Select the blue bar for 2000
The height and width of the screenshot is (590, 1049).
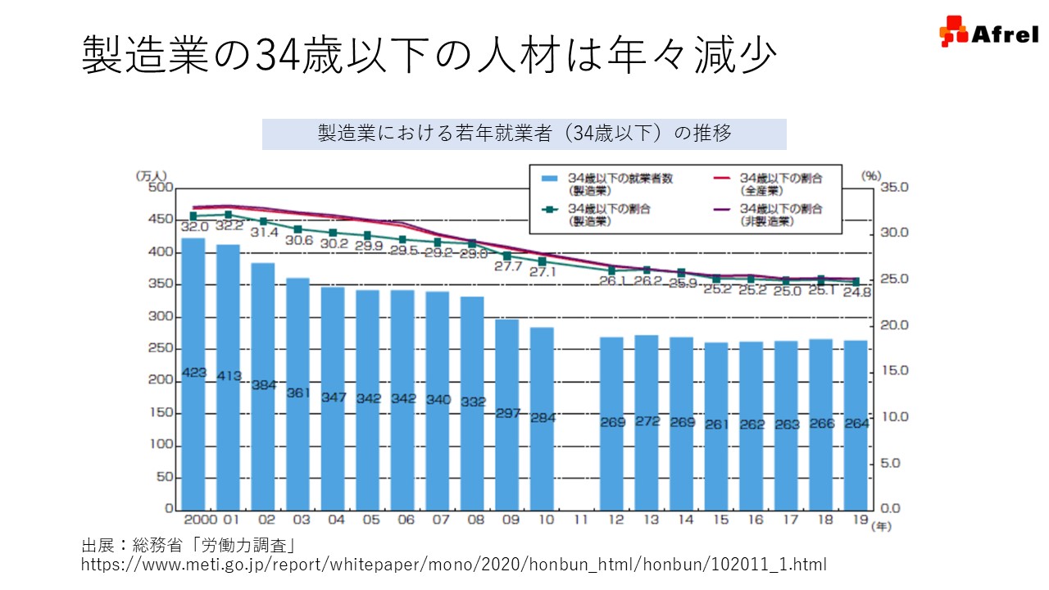[193, 373]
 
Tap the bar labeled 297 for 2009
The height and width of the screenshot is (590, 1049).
[507, 414]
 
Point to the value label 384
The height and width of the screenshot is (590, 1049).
[263, 384]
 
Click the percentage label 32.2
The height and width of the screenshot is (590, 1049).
[228, 225]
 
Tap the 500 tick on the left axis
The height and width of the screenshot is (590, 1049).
[162, 188]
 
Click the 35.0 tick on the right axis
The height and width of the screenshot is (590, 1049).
[895, 188]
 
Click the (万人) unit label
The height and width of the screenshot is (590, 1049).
[152, 175]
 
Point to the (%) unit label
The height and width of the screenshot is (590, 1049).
[870, 175]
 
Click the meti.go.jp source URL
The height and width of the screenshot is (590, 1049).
[454, 565]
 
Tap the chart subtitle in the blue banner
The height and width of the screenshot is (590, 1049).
[524, 134]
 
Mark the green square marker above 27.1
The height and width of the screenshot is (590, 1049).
[542, 261]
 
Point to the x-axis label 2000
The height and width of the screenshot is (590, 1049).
[199, 520]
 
